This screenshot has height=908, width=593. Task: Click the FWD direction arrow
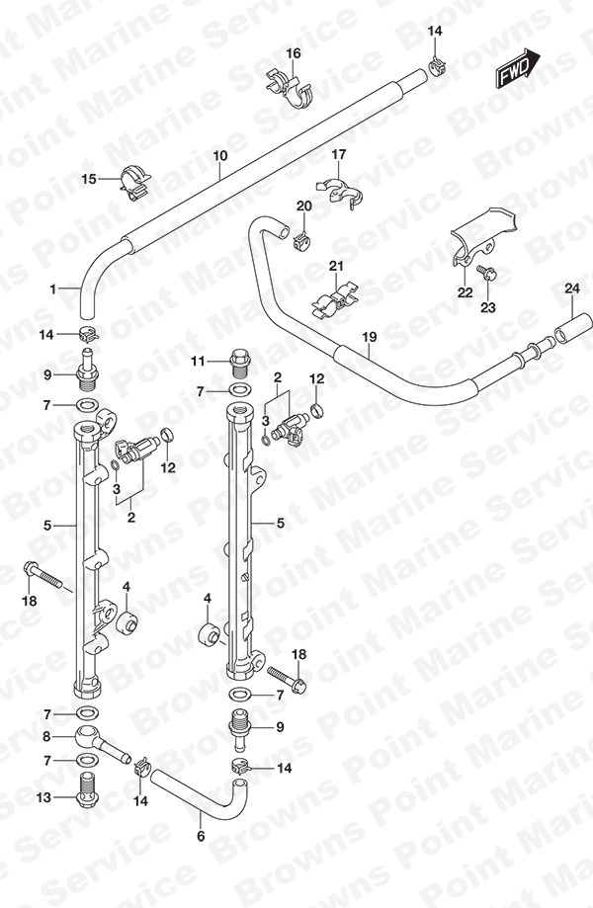tap(517, 69)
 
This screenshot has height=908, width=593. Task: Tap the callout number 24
tap(572, 288)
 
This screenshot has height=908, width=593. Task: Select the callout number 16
tap(294, 53)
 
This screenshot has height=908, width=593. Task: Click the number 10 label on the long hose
tap(220, 155)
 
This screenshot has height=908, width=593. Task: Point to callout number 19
tap(370, 337)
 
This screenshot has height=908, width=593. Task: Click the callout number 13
tap(44, 797)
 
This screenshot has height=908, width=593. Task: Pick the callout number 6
tap(201, 836)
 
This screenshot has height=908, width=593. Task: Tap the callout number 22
tap(466, 293)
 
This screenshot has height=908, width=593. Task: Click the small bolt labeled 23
tap(486, 274)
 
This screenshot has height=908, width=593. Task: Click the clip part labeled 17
tap(340, 191)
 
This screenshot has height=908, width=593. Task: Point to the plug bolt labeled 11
tap(240, 362)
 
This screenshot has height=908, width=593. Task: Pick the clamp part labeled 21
tap(333, 299)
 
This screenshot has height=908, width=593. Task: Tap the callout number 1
tap(52, 289)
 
